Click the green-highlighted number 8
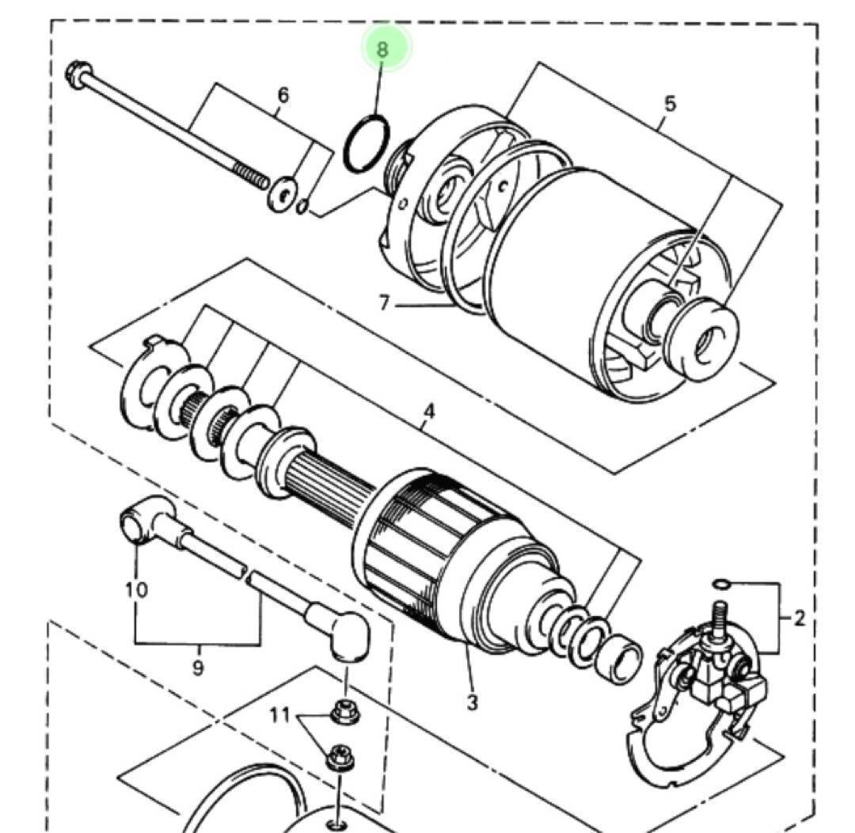coord(384,49)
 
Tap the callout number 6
coord(283,96)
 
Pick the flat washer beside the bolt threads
coord(283,194)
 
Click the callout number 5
coord(670,104)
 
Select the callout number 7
coord(384,304)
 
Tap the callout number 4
coord(428,413)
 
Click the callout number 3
coord(472,702)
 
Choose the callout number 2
coord(799,618)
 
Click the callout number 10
coord(136,590)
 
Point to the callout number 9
coord(198,668)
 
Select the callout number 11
coord(280,717)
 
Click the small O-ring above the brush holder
coord(720,584)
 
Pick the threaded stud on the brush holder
coord(720,616)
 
